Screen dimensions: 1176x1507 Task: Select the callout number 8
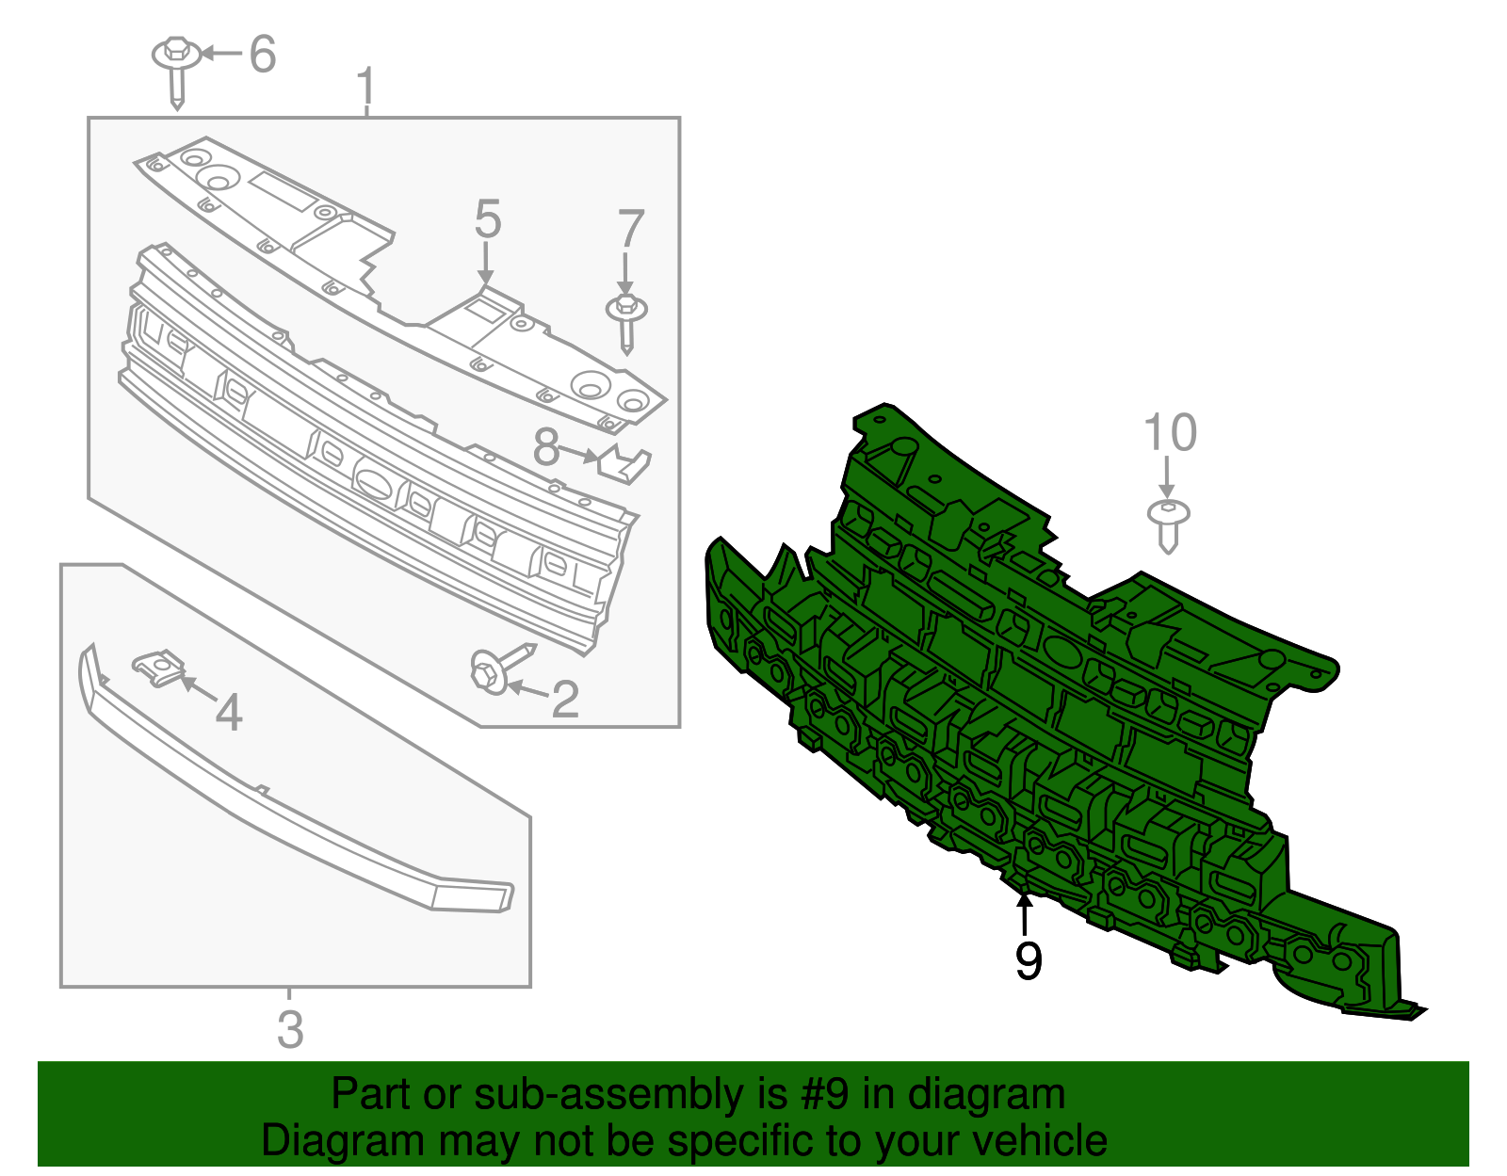546,448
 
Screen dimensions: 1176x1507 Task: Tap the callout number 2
564,700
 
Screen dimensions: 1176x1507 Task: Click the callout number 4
229,713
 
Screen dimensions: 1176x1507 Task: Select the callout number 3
290,1029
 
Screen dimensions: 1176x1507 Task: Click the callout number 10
1169,433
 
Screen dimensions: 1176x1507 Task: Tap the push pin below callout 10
1169,524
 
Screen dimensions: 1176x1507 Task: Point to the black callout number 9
1029,961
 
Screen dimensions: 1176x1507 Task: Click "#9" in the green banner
825,1095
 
